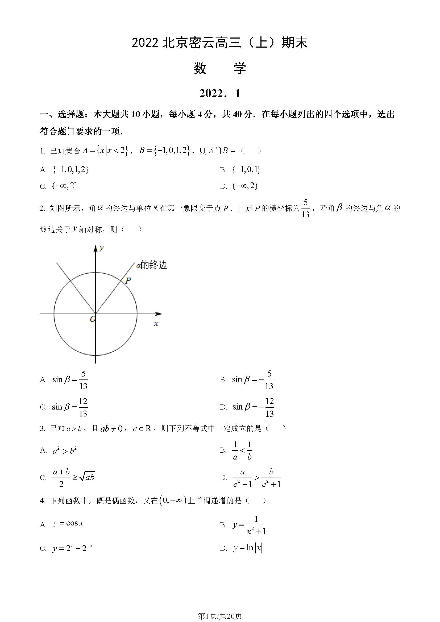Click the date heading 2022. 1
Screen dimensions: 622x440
point(220,93)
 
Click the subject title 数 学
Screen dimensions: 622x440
point(220,68)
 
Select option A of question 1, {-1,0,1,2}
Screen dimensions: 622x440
point(71,170)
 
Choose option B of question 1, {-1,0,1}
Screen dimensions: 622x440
point(246,170)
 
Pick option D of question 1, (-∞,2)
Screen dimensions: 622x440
point(245,186)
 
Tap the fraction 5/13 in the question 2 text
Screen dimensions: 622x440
point(305,208)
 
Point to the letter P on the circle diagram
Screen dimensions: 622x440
point(128,280)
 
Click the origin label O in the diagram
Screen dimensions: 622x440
point(93,319)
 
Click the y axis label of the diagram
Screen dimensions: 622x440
point(101,248)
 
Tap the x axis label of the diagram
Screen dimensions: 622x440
point(156,323)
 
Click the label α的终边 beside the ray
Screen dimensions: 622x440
point(151,265)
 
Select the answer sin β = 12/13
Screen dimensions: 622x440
point(70,407)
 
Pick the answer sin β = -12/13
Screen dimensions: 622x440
point(253,407)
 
